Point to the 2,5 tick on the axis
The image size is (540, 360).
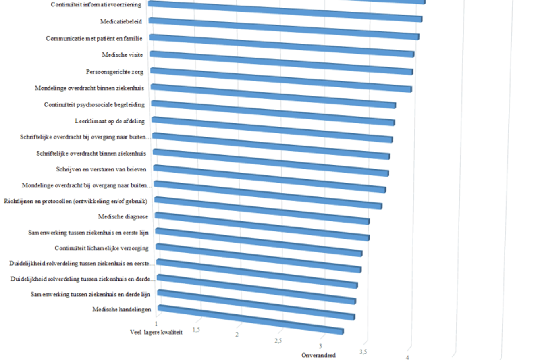(x=278, y=341)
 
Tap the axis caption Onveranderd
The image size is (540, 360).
(x=318, y=355)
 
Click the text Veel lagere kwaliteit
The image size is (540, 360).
(x=156, y=332)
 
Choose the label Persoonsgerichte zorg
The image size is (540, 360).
(x=114, y=72)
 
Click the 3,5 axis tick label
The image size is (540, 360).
(x=363, y=352)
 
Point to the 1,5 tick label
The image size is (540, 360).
(x=196, y=330)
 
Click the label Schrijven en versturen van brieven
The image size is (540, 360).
(x=101, y=169)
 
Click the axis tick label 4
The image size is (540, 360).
(x=407, y=357)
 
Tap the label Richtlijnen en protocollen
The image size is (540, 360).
(x=75, y=201)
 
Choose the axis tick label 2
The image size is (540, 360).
(x=237, y=335)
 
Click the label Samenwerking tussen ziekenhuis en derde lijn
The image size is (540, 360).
(x=91, y=294)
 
